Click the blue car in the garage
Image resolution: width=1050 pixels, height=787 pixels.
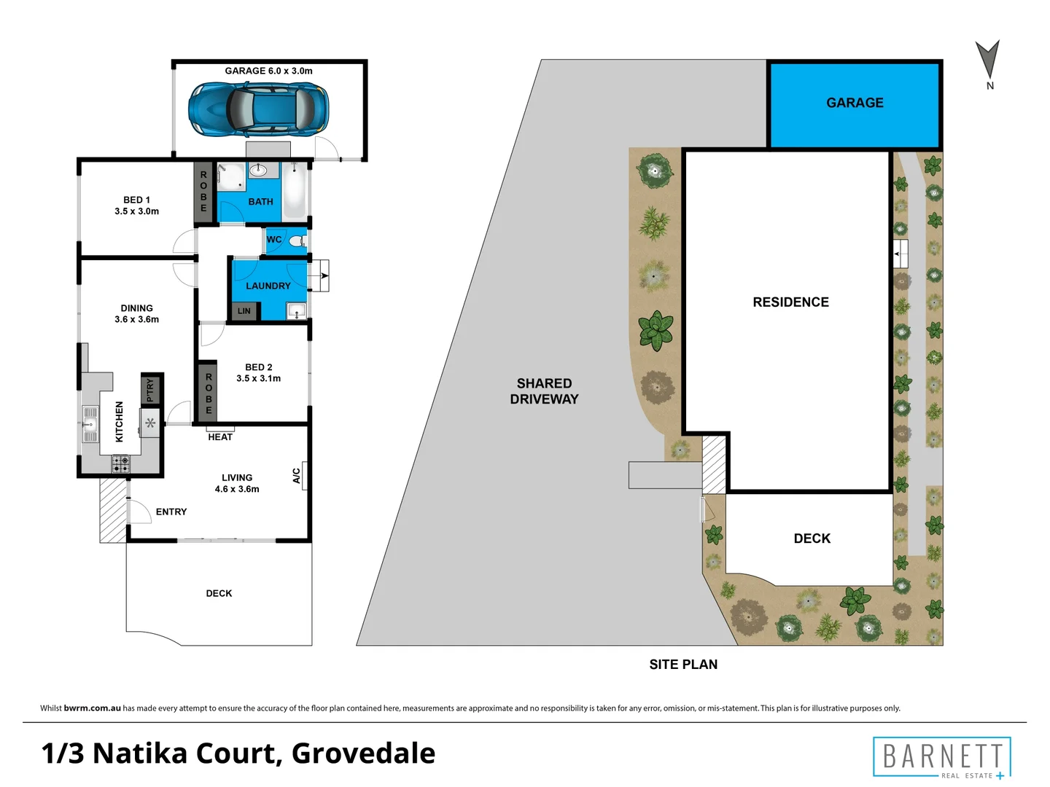point(258,109)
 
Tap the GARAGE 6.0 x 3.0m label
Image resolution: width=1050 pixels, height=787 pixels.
point(268,71)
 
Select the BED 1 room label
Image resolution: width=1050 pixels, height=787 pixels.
point(136,205)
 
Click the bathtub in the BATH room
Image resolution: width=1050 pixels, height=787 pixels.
point(295,192)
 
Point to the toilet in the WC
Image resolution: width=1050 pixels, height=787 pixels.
point(296,240)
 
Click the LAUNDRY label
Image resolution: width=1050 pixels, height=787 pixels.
point(268,286)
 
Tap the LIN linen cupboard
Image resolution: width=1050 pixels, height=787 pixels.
point(244,311)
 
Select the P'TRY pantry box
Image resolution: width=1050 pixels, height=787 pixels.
point(151,390)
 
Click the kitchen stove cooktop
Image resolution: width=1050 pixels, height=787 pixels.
point(120,461)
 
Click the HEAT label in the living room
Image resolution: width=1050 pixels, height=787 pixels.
point(220,436)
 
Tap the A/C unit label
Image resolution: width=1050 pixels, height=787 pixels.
point(297,476)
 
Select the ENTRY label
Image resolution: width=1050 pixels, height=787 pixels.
point(171,512)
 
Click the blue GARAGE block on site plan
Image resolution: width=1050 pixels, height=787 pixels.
point(855,103)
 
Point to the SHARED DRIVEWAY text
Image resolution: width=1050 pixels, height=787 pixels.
point(544,391)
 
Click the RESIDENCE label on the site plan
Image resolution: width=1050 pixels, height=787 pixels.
point(790,302)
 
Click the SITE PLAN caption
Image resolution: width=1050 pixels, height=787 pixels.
point(683,664)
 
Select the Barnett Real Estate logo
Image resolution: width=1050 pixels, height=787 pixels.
point(942,758)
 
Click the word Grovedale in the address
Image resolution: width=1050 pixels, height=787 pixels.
point(363,753)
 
